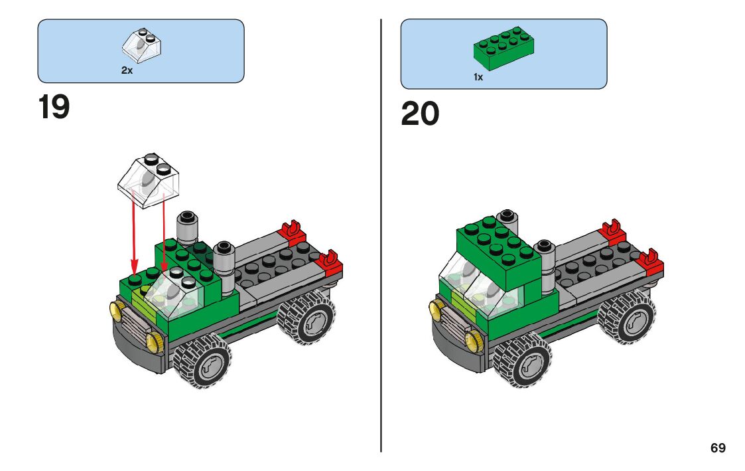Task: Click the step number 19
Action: [x=54, y=108]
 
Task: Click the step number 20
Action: [x=420, y=114]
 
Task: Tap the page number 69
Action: [x=718, y=448]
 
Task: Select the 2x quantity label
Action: [x=127, y=70]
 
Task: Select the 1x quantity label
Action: [x=478, y=77]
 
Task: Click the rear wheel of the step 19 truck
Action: [x=306, y=320]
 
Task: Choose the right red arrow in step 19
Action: [x=163, y=236]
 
